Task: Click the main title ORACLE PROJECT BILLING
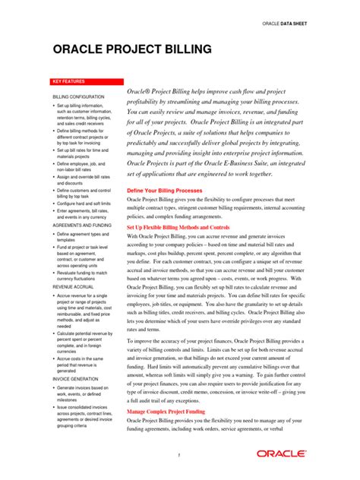pos(133,50)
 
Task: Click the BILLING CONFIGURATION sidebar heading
pos(78,97)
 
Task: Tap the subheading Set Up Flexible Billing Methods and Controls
pos(188,227)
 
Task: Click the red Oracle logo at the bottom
pos(280,453)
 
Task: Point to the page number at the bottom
pos(179,455)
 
